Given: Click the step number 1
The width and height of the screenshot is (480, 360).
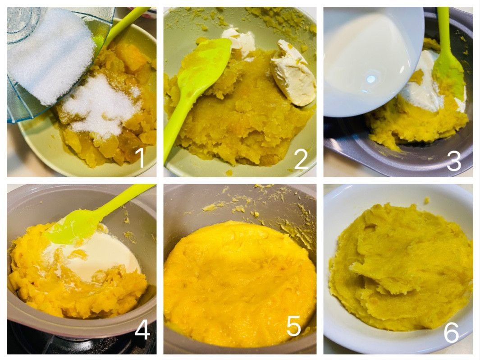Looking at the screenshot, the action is [141, 157].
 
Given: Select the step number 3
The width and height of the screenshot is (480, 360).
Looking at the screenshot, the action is [454, 161].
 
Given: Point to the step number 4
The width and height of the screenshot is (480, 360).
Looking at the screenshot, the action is [142, 330].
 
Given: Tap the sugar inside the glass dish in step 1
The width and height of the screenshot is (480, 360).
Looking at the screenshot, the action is [50, 54].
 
